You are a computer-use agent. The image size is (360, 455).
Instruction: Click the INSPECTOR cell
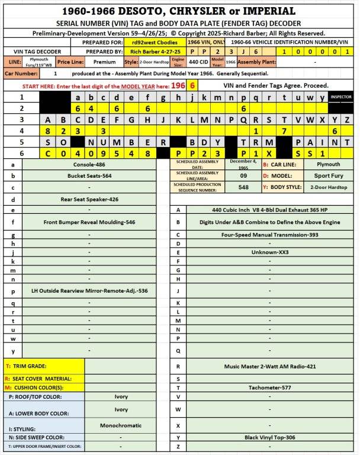click(340, 97)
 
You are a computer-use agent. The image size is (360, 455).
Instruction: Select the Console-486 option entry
click(89, 164)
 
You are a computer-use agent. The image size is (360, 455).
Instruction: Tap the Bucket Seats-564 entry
click(89, 176)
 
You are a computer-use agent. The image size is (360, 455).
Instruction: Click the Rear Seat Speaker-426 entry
click(89, 199)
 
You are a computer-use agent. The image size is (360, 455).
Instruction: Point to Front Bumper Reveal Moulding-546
click(89, 222)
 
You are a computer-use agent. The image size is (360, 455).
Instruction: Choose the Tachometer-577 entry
click(269, 387)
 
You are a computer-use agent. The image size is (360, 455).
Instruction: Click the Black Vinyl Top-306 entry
click(269, 437)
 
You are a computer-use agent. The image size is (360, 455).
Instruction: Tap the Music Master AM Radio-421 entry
click(269, 366)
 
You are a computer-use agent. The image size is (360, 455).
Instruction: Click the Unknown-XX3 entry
click(269, 252)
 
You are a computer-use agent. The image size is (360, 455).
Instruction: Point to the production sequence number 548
click(243, 187)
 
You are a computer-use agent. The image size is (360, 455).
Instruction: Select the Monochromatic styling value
click(121, 425)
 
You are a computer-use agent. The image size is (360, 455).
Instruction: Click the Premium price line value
click(105, 62)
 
